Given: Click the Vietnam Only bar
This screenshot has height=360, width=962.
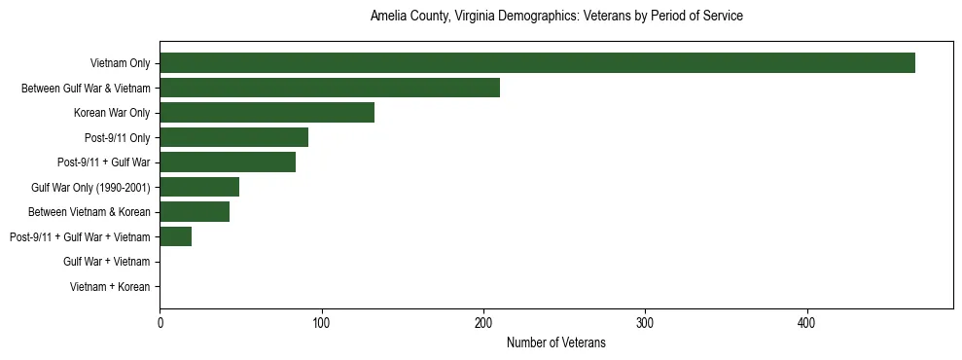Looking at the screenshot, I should tap(537, 63).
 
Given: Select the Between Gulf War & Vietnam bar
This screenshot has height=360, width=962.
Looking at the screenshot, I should tap(330, 88).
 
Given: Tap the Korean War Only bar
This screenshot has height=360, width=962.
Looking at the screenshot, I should tap(267, 113).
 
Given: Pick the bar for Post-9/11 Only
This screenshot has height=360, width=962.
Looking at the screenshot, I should tap(233, 137).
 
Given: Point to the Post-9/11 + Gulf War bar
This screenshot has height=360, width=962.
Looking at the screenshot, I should tap(228, 162).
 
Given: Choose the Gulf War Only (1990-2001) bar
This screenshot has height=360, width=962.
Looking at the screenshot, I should tap(199, 187).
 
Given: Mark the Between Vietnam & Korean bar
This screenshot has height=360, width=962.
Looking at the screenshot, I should tap(195, 212).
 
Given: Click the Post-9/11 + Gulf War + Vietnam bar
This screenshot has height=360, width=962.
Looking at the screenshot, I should tap(176, 236).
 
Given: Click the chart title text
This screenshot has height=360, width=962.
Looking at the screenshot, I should tap(556, 17).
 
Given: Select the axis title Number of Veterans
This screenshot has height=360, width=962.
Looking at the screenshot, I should tap(556, 342).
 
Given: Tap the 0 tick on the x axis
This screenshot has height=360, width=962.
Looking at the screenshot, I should tap(160, 323).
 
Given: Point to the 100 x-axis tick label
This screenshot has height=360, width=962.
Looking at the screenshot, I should tap(321, 323).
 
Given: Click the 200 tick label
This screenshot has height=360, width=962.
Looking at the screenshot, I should tap(483, 323).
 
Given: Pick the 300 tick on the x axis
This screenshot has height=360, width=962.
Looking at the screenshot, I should tap(645, 323).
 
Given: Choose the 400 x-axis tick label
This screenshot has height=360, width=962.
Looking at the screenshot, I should tap(806, 323).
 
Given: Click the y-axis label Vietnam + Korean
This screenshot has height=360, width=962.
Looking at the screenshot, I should tap(110, 287).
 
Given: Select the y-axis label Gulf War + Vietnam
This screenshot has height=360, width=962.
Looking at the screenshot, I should tap(106, 262).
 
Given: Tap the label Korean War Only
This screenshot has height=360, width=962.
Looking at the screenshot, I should tap(112, 113).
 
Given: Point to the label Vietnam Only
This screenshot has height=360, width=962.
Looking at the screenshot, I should tap(120, 63).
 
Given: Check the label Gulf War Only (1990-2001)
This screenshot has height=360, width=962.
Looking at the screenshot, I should tap(90, 187).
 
